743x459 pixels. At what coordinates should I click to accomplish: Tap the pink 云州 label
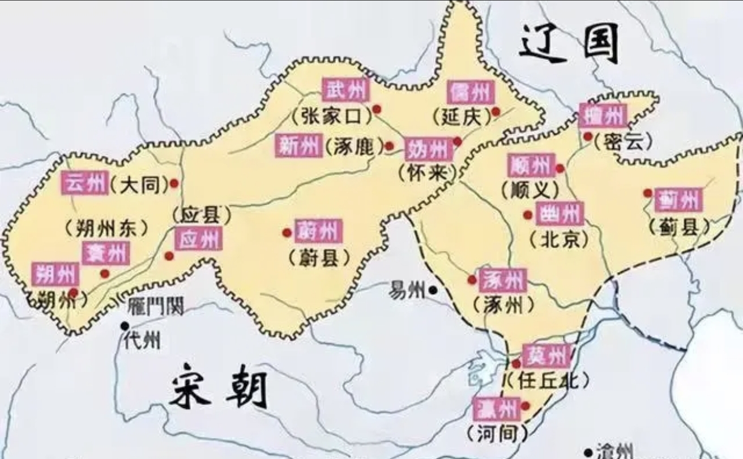click(x=85, y=183)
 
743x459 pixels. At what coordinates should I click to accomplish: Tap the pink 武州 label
click(x=345, y=90)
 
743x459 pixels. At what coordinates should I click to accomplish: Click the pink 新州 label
click(x=299, y=146)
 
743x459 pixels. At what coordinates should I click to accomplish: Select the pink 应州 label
click(x=198, y=239)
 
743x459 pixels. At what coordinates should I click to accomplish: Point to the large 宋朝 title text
click(x=218, y=390)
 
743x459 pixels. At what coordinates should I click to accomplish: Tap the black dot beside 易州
click(x=433, y=290)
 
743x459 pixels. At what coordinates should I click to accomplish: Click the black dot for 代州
click(x=124, y=325)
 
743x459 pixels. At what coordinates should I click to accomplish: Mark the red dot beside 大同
click(x=174, y=183)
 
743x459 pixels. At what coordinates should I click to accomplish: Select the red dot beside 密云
click(x=588, y=137)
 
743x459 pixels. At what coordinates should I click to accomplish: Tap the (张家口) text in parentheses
click(x=331, y=116)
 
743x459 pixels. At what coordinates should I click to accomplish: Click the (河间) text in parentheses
click(x=497, y=433)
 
